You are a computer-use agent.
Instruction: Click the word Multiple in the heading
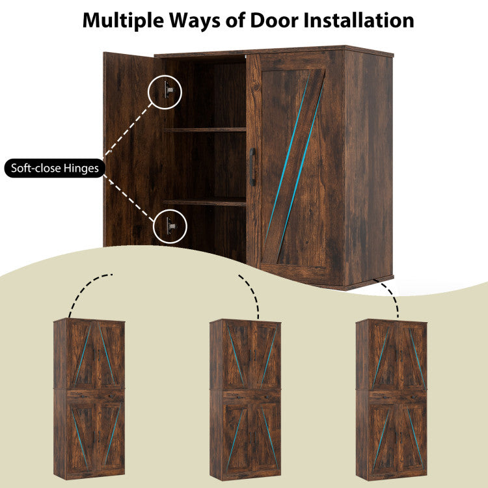coord(124,21)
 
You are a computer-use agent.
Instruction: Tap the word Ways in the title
coord(195,21)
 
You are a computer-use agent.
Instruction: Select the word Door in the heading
coord(274,21)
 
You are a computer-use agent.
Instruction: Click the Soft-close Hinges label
coord(55,168)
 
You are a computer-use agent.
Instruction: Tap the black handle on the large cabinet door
coord(252,167)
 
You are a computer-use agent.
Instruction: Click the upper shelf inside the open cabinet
coord(205,129)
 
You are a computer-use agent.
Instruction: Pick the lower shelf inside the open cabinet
coord(205,202)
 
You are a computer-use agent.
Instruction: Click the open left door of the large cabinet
coord(134,150)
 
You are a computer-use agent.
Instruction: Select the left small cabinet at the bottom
coord(89,399)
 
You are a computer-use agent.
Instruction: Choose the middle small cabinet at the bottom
coord(245,400)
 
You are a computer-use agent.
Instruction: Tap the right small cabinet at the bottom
coord(392,400)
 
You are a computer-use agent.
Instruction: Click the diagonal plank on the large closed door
coord(294,166)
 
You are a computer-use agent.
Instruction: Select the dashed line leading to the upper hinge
coord(128,129)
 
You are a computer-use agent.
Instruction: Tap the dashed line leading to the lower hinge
coord(129,198)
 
